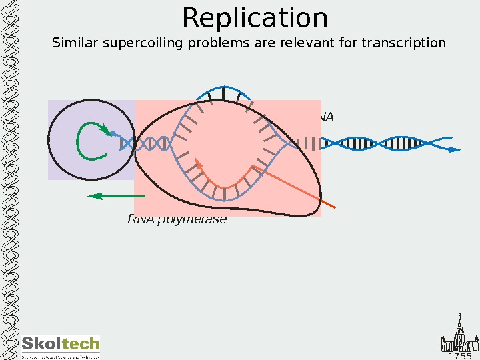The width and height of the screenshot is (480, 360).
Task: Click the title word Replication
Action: tap(255, 19)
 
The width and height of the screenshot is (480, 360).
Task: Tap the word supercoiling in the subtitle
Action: tap(131, 44)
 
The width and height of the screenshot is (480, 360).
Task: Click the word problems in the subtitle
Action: tap(203, 44)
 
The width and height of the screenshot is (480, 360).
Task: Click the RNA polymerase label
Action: tap(177, 219)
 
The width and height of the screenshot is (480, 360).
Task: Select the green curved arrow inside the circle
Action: tap(91, 141)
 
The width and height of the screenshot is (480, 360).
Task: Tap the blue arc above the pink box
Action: tap(225, 91)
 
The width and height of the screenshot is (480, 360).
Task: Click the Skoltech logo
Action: tap(60, 345)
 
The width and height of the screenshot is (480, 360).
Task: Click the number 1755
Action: tap(460, 356)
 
